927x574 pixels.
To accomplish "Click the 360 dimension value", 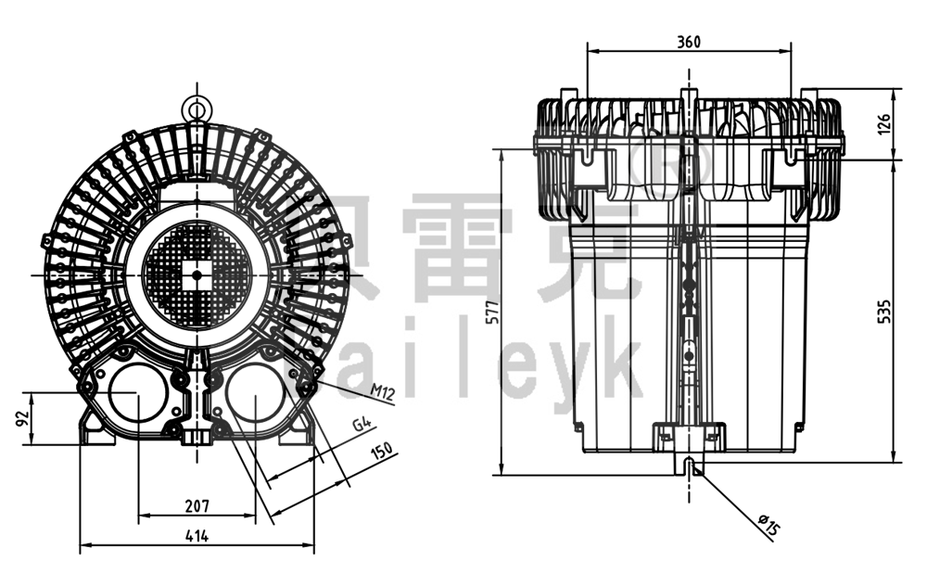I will (689, 41).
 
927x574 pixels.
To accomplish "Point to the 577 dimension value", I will (492, 313).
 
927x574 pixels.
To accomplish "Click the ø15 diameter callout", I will (768, 526).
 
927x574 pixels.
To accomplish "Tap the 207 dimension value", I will (196, 505).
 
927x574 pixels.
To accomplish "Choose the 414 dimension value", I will (196, 535).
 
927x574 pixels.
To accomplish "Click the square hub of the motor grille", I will (197, 274).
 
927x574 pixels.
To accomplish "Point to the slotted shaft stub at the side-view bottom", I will (689, 464).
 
